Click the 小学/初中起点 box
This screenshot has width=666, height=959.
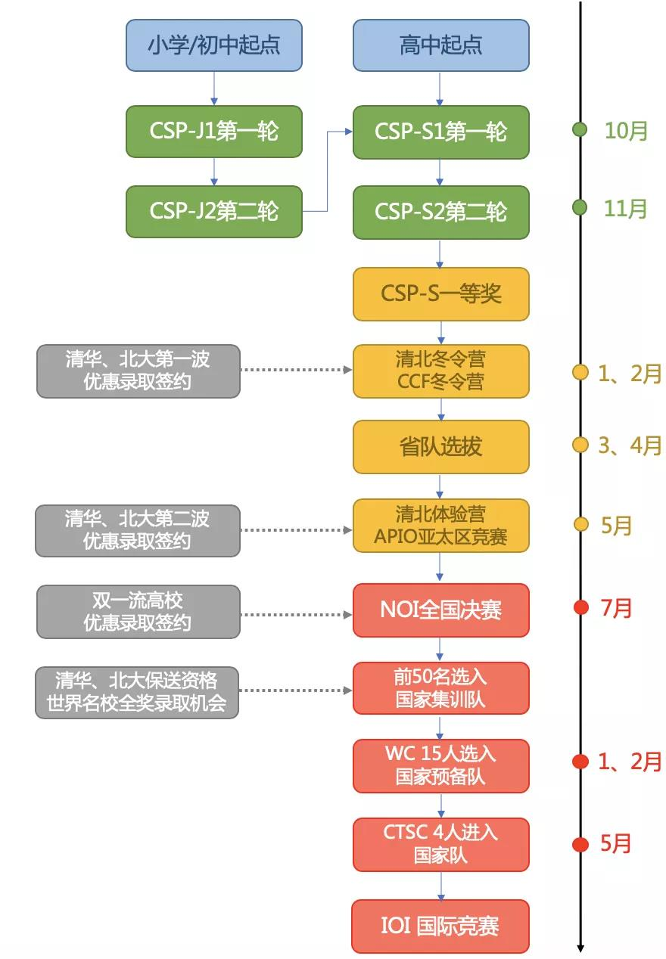(214, 45)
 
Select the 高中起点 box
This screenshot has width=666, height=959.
(440, 45)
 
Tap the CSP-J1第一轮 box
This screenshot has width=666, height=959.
(214, 132)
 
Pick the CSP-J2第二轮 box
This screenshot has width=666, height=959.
(214, 211)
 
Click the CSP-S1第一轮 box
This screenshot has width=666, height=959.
(440, 132)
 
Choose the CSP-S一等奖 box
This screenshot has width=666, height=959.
(440, 293)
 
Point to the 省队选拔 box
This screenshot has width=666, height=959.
(440, 446)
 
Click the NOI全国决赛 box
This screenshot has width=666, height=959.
(440, 610)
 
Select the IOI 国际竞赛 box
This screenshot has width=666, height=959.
(440, 926)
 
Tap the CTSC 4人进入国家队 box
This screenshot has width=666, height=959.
(440, 844)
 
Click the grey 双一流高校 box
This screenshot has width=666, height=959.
(138, 611)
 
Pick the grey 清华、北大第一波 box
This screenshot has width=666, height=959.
(138, 371)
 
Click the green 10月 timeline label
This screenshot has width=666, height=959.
(626, 130)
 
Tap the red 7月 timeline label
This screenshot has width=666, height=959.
(616, 608)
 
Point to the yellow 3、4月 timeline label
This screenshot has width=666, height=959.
(630, 445)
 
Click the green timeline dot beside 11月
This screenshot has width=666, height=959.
(580, 208)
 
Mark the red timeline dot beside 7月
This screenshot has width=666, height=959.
(580, 608)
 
